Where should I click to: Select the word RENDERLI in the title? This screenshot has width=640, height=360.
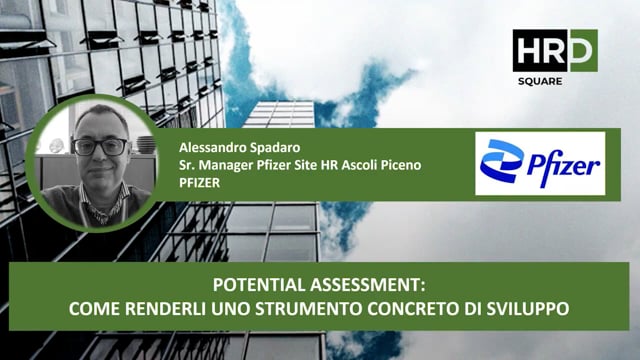point(163,309)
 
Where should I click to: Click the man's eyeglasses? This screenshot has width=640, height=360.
point(100,147)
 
